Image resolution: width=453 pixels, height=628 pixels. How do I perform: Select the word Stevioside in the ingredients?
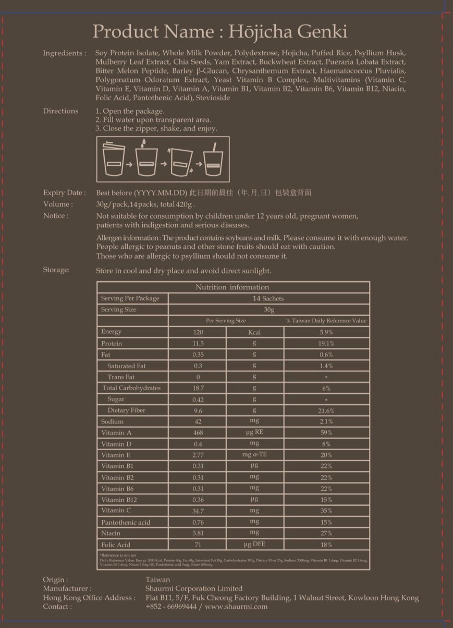tap(213, 98)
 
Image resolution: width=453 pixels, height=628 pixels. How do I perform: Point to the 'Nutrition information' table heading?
tap(232, 287)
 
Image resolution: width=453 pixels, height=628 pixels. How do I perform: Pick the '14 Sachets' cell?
tap(268, 298)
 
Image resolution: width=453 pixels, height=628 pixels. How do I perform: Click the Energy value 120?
tap(198, 332)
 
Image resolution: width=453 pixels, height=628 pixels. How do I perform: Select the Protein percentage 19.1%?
tap(326, 344)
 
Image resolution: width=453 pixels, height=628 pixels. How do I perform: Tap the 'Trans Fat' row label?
tap(121, 377)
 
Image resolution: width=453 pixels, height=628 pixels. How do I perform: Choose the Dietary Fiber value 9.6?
tap(198, 410)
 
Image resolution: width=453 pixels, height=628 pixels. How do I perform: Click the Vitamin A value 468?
tap(198, 433)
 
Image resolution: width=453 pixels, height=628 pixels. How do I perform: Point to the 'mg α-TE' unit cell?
tap(254, 455)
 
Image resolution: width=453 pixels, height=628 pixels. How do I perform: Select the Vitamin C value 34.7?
tap(198, 511)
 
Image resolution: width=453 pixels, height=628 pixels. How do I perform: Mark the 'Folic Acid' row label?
tap(116, 545)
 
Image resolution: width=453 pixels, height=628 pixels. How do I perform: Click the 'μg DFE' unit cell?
tap(254, 545)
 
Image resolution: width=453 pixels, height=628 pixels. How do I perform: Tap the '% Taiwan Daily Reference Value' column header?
tap(326, 321)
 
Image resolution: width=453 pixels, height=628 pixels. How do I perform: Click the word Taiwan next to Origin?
tap(158, 579)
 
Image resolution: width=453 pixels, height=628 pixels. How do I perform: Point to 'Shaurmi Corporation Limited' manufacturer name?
tap(194, 588)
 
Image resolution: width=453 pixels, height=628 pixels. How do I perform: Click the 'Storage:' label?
tap(56, 270)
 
